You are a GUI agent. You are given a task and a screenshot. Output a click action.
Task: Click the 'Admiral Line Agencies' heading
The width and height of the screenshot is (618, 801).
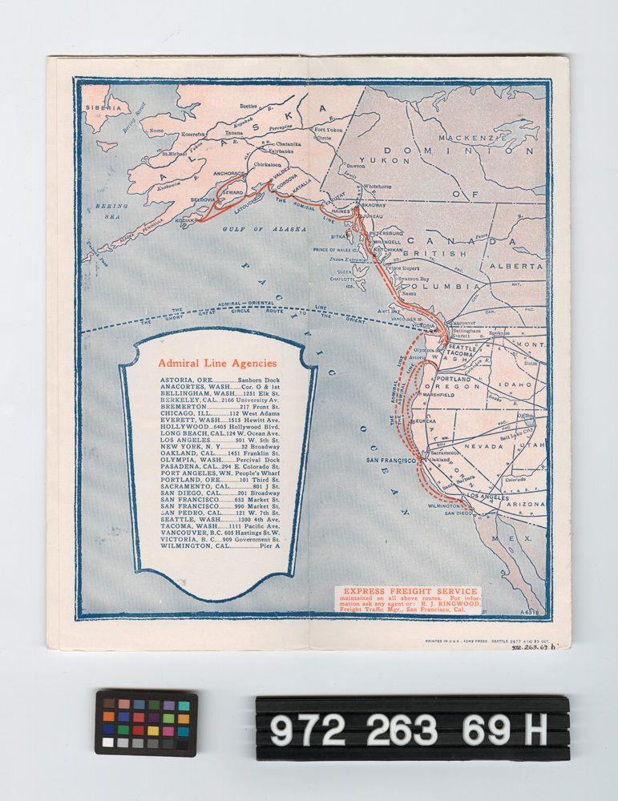point(217,362)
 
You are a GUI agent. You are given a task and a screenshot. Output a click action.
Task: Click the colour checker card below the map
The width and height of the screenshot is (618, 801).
point(146,722)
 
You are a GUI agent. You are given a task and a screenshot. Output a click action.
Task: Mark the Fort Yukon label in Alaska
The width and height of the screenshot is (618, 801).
point(328,130)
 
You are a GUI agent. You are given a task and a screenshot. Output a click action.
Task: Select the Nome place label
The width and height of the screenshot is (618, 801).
point(156,131)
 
